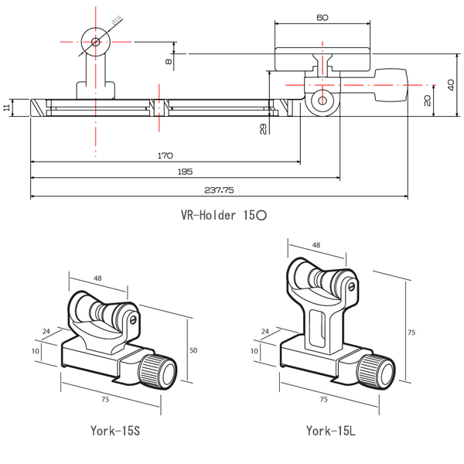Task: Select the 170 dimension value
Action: [x=165, y=155]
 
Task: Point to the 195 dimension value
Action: [x=184, y=171]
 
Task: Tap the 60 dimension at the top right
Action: [x=322, y=16]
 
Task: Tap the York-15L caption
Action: [x=330, y=431]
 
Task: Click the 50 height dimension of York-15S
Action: [x=193, y=351]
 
